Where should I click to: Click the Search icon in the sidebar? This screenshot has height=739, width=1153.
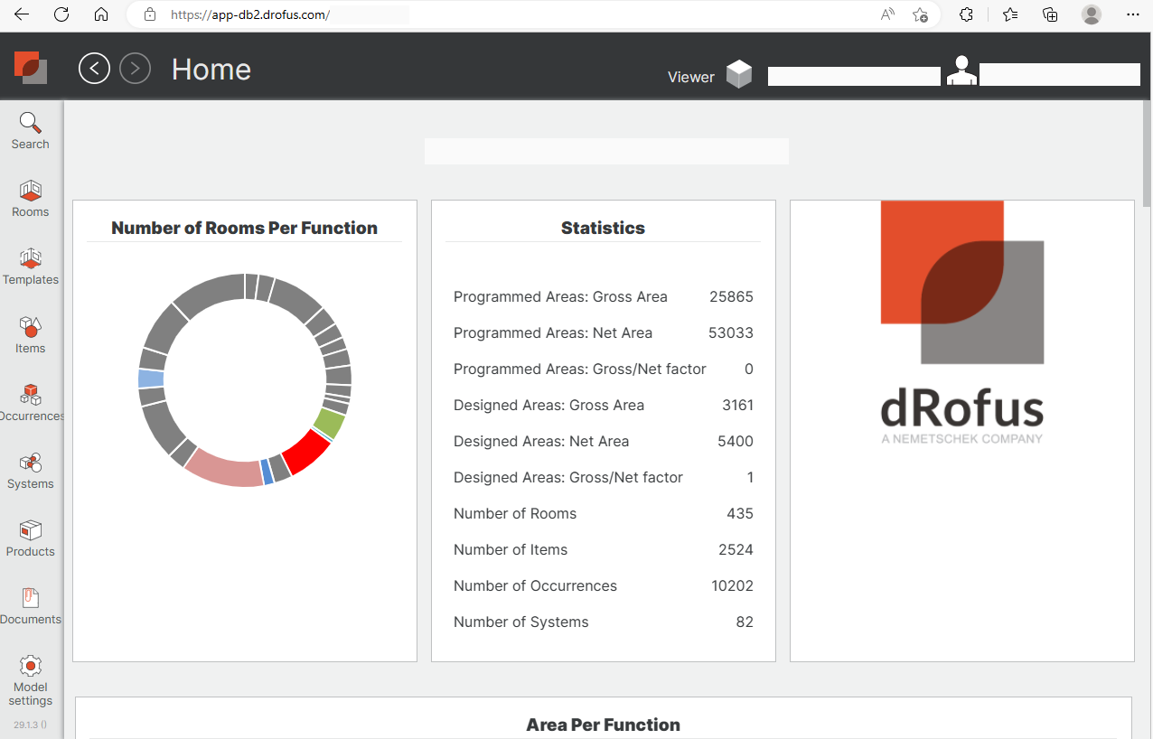click(x=30, y=123)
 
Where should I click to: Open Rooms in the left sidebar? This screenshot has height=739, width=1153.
click(x=30, y=192)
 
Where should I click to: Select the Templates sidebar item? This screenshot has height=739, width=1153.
click(x=30, y=259)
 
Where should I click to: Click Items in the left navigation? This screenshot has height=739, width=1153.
click(x=30, y=327)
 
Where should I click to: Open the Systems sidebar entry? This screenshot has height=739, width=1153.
click(x=30, y=463)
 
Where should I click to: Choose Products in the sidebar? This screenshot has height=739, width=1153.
click(x=30, y=531)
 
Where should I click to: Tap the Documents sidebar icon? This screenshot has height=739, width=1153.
click(x=30, y=599)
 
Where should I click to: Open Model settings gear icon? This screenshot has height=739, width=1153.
click(x=30, y=667)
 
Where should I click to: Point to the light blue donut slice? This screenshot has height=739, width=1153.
click(x=151, y=379)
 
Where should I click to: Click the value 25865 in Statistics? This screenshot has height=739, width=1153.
click(x=731, y=297)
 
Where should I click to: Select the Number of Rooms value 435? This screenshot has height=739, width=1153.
click(x=740, y=514)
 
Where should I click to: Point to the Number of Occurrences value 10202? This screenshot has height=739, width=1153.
click(x=732, y=586)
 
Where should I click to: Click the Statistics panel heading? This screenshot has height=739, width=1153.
click(x=603, y=229)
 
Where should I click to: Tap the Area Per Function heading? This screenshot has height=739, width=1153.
click(x=603, y=725)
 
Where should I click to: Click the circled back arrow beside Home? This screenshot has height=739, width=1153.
click(x=94, y=69)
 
